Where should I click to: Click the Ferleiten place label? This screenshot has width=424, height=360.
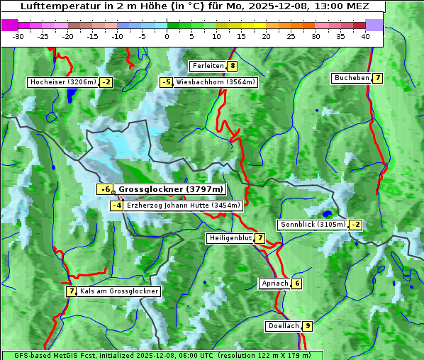(x=208, y=66)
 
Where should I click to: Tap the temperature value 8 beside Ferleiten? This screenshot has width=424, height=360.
(x=233, y=66)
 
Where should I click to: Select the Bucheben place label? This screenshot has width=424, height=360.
(x=351, y=78)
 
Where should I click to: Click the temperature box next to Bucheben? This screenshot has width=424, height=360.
(x=378, y=78)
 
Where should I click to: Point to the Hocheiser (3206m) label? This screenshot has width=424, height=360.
(x=62, y=82)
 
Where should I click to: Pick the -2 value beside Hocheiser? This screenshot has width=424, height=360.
(x=106, y=82)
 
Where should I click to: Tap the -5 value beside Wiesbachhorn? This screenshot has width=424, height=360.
(x=167, y=82)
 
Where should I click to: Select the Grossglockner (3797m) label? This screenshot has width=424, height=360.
(x=170, y=189)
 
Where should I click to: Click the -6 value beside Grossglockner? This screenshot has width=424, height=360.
(x=104, y=189)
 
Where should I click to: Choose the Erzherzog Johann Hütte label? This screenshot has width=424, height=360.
(x=184, y=206)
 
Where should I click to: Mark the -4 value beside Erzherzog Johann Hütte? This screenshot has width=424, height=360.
(x=117, y=206)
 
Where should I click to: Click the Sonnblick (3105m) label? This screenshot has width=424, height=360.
(x=313, y=225)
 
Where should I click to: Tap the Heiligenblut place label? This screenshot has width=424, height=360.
(x=230, y=238)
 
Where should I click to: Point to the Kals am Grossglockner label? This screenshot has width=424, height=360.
(x=119, y=291)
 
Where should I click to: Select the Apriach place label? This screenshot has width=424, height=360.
(x=274, y=283)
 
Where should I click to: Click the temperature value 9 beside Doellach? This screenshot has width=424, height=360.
(x=307, y=326)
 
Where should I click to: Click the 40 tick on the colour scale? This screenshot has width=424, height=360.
(x=365, y=36)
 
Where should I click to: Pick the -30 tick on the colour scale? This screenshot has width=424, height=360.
(x=19, y=36)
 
